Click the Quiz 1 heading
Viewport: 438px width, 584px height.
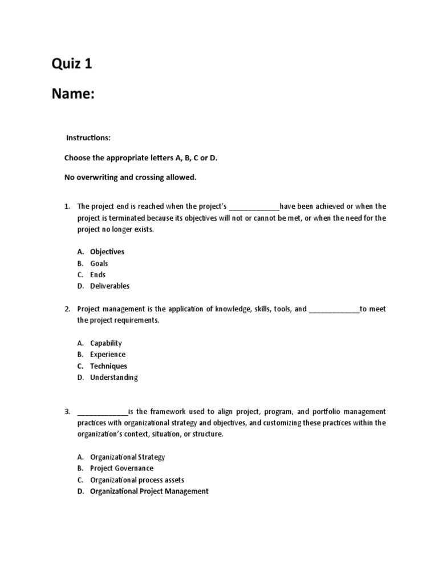pos(72,64)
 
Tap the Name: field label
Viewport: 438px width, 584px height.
pos(73,94)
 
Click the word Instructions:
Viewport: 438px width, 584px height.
pos(88,138)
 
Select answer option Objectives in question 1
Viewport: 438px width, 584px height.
pos(107,252)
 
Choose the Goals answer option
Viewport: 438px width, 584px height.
pos(99,263)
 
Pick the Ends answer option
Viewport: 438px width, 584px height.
pos(98,274)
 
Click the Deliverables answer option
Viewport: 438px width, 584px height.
pos(109,286)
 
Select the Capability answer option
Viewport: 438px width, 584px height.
pos(106,343)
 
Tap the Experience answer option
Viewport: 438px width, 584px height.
pos(107,354)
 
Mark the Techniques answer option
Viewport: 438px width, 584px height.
pos(108,366)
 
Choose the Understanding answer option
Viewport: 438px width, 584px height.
pos(113,377)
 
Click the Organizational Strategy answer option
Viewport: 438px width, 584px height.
pos(127,457)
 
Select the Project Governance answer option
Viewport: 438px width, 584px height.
pos(121,468)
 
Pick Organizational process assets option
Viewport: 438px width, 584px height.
pos(137,480)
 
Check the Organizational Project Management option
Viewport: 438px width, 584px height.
pos(149,491)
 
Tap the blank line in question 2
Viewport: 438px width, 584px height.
pos(334,310)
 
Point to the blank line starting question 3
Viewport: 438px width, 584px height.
pos(103,412)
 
